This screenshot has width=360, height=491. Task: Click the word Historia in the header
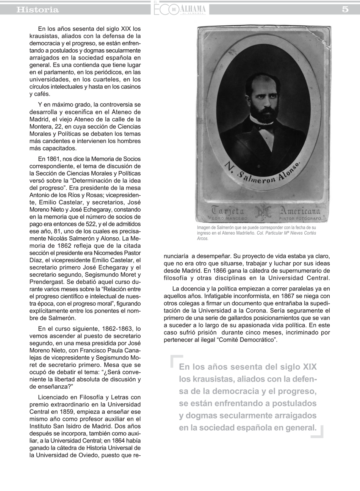(x=38, y=9)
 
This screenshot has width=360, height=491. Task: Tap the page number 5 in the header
(x=345, y=9)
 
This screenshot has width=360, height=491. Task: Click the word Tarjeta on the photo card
(x=228, y=211)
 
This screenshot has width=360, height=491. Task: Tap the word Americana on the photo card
(x=299, y=211)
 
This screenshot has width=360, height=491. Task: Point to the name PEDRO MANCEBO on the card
(x=227, y=218)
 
